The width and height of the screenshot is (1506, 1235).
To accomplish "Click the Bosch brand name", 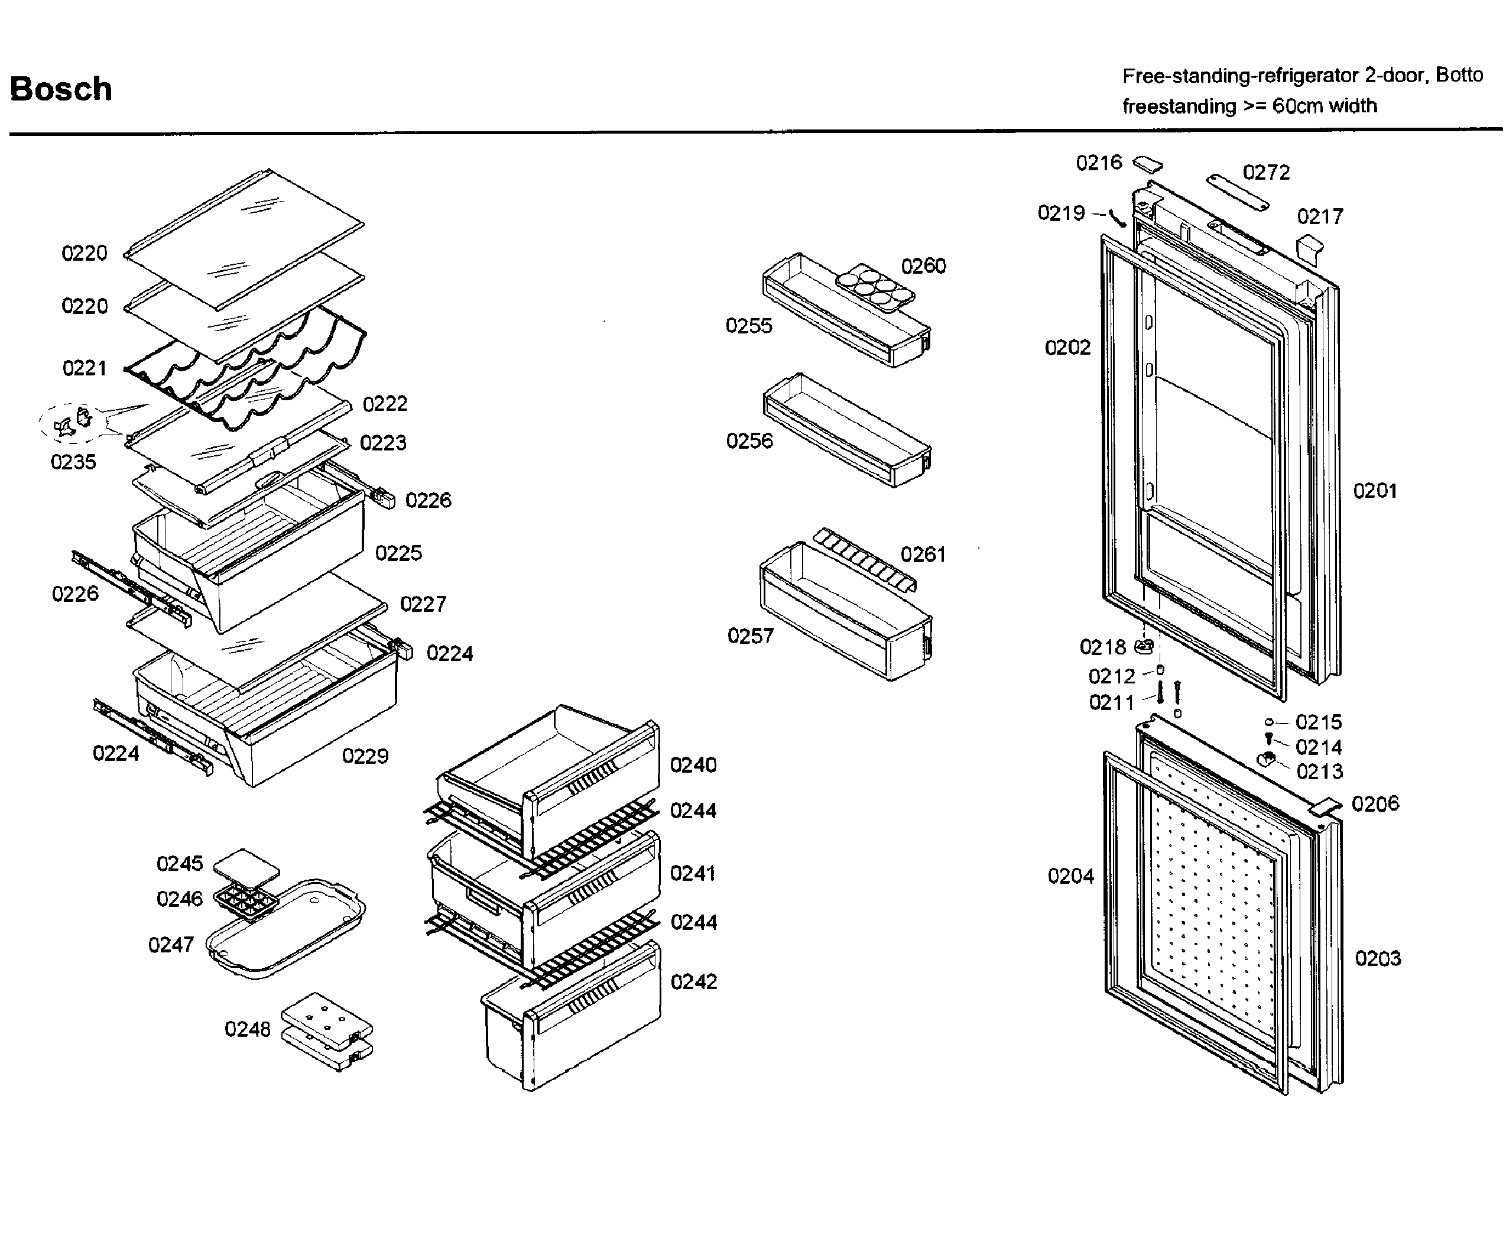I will coord(61,89).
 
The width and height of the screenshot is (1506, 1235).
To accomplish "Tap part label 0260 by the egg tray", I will coord(923,266).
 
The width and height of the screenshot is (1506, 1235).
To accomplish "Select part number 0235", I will coord(73,462).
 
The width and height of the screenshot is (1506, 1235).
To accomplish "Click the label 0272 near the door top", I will coord(1265,172).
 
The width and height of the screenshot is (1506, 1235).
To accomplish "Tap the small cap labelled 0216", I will coord(1147,164).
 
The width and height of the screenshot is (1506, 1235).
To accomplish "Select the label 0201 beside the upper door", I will coord(1374,491).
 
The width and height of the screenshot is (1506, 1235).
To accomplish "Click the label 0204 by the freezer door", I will coord(1070,876).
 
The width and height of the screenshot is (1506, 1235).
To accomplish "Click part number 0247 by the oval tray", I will coord(171,945).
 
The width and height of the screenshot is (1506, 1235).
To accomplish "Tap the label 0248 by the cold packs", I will coord(248,1029).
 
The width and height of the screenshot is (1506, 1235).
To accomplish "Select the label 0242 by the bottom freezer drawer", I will coord(693,982).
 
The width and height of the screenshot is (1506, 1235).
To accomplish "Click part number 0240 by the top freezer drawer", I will coord(693,765).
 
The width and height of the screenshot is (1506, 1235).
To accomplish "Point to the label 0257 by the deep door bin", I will coord(750,636).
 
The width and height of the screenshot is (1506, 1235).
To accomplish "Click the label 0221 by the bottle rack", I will coord(85,368).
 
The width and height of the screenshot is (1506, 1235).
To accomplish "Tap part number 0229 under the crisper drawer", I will coord(365,756).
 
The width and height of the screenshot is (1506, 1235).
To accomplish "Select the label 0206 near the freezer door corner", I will coord(1374,804).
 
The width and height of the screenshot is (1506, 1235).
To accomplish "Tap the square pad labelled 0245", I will coord(246,867).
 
